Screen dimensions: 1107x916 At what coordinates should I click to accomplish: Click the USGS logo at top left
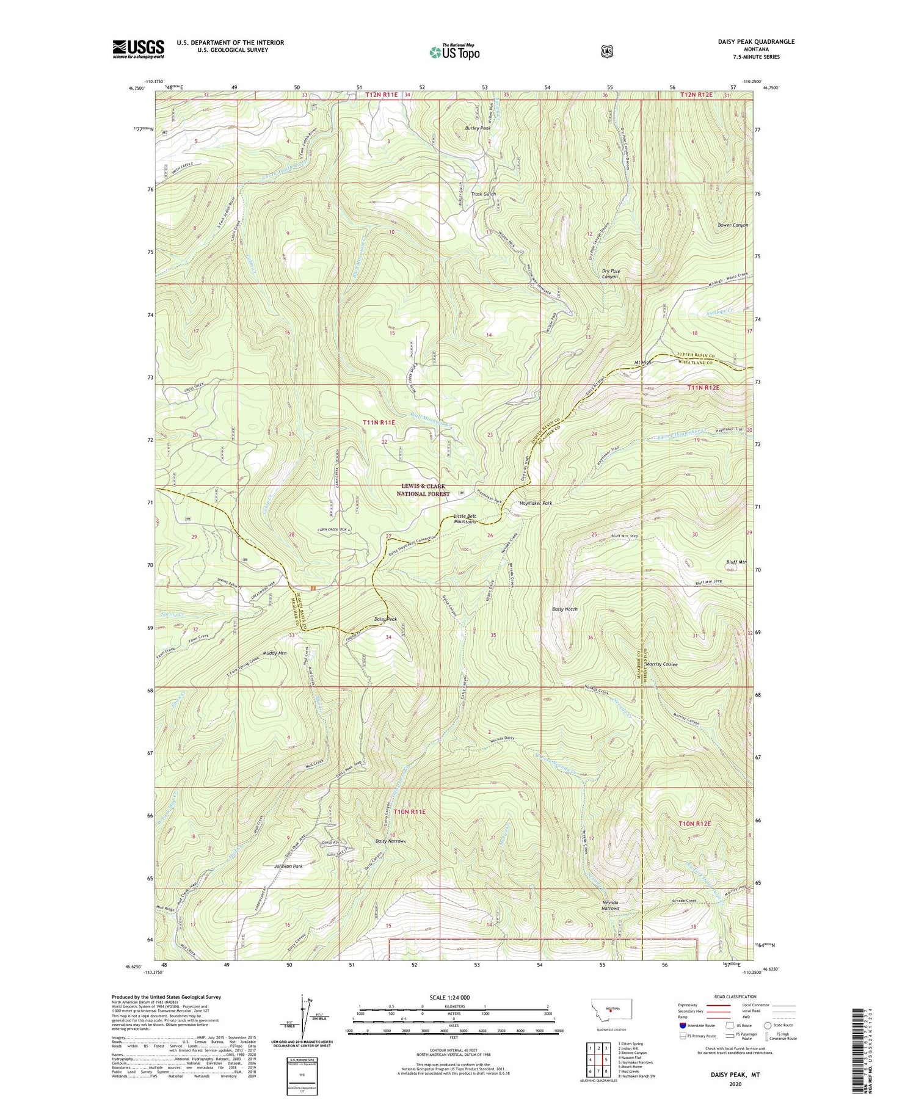[138, 49]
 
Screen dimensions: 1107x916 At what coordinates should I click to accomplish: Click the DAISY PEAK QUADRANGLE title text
[757, 42]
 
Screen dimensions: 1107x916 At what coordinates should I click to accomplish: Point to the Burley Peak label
[477, 129]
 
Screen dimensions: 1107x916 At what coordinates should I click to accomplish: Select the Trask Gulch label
[483, 194]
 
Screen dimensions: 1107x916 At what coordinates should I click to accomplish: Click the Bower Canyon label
[733, 225]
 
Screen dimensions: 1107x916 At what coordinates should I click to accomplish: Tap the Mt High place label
[643, 363]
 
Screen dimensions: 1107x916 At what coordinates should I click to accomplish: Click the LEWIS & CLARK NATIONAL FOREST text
[423, 490]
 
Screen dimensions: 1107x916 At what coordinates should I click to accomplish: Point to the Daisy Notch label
[564, 609]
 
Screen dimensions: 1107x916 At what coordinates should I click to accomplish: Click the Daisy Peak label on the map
[385, 619]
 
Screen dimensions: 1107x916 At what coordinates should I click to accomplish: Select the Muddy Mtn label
[275, 653]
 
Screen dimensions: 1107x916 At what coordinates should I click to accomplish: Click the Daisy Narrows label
[390, 841]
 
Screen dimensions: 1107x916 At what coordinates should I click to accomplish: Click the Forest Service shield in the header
[606, 51]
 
